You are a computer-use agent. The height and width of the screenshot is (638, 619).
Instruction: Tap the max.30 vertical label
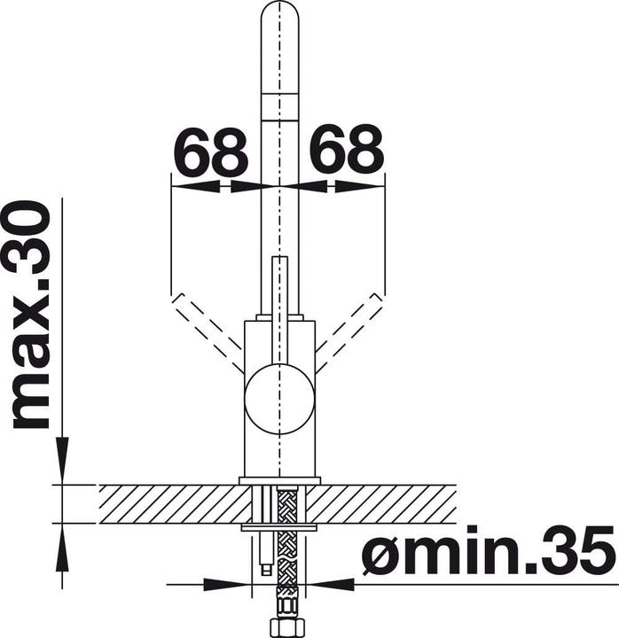point(30,314)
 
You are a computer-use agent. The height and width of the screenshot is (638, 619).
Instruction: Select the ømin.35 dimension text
point(489,549)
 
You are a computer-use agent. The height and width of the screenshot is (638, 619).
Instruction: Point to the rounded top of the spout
point(279,12)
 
